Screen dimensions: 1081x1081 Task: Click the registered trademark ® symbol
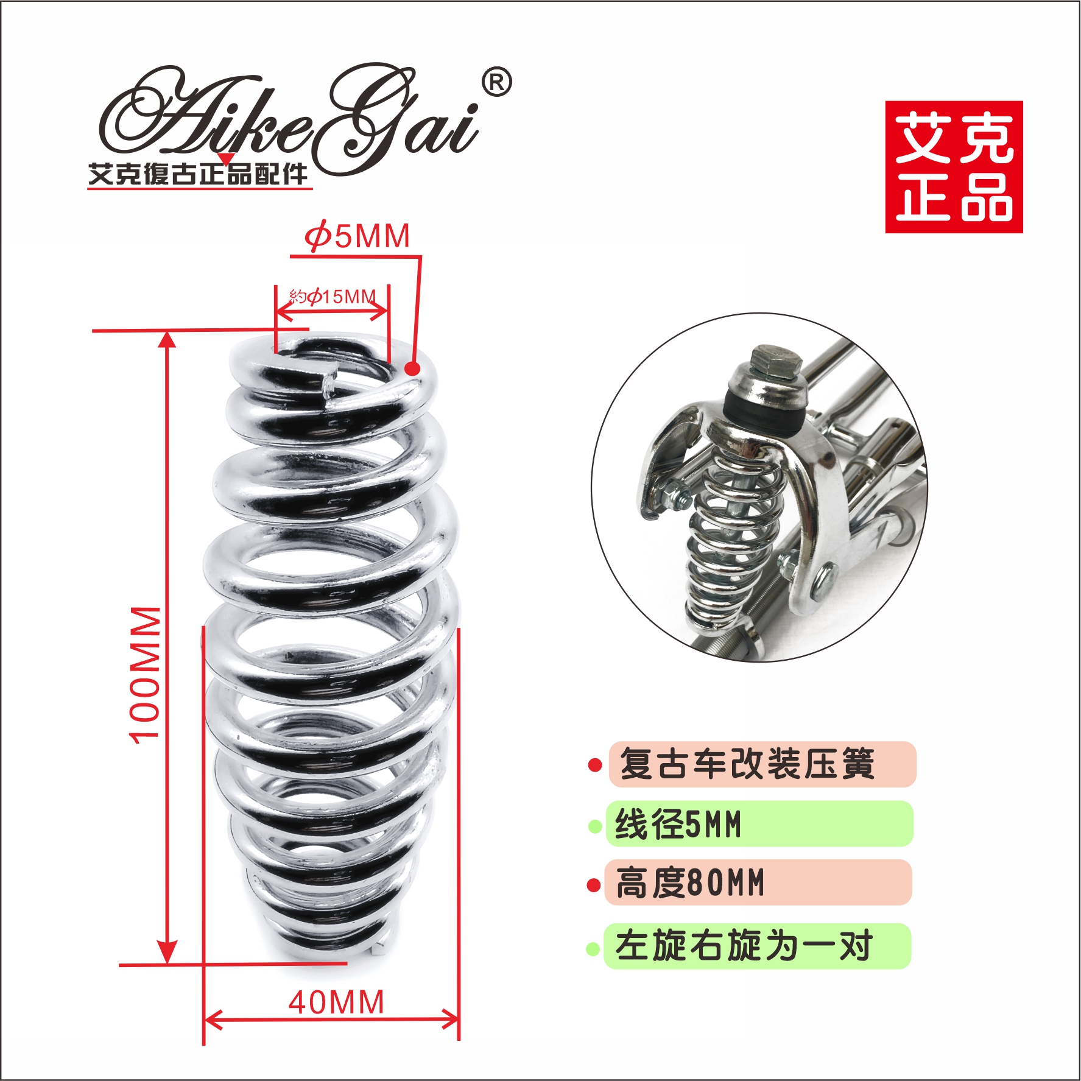coord(496,83)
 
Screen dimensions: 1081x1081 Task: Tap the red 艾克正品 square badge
coord(954,167)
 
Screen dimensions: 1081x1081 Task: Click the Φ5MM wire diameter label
coord(357,236)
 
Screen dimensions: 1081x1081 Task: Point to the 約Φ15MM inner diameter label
coord(333,297)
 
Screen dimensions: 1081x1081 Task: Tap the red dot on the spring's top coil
coord(413,368)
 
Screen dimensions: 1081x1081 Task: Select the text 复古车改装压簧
coord(747,764)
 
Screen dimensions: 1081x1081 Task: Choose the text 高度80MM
coord(690,884)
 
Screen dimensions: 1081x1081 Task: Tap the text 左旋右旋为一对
coord(744,946)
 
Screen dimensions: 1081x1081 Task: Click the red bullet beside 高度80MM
coord(593,885)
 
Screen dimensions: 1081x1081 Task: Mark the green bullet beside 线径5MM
coord(595,826)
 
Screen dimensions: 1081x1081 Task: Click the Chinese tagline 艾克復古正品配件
coord(199,175)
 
